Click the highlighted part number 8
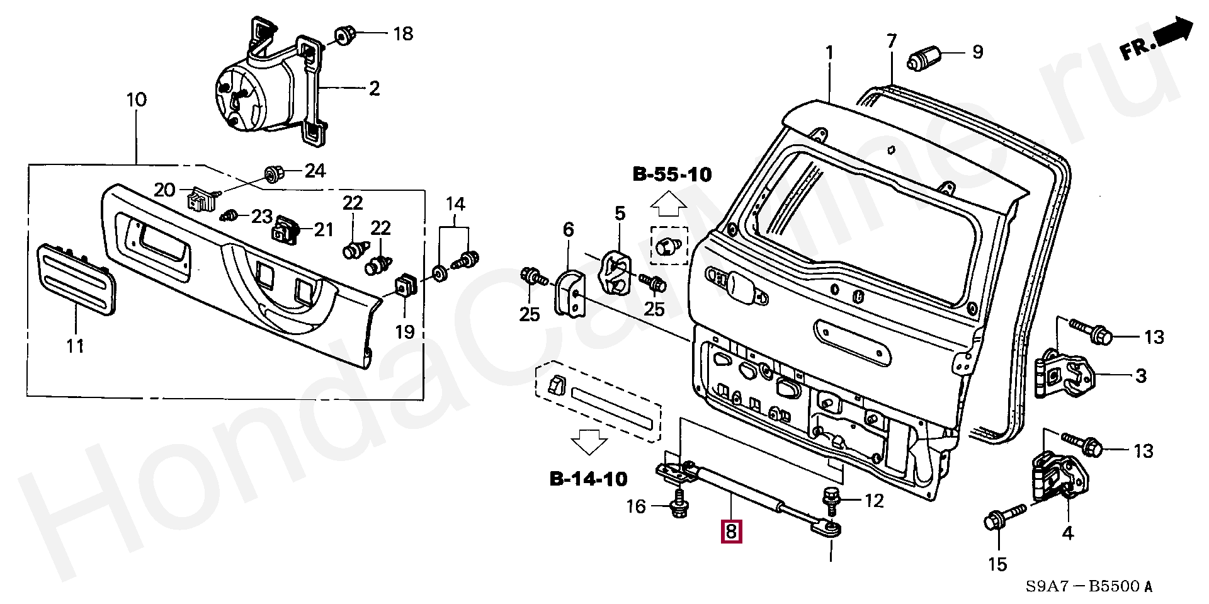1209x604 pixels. coord(731,532)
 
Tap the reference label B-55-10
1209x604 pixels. coord(672,174)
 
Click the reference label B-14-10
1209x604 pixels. coord(589,479)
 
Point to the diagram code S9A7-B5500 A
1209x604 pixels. coord(1089,586)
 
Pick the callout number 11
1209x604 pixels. coord(76,346)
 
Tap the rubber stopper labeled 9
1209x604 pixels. coord(922,59)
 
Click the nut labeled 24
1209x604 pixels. coord(274,172)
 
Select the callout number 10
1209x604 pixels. coord(137,100)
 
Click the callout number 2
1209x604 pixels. coord(374,89)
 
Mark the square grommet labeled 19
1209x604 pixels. coord(404,287)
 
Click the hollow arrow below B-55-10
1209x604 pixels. coord(668,205)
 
